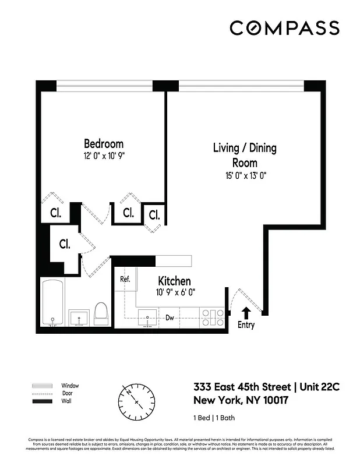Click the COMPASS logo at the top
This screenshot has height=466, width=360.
(x=284, y=27)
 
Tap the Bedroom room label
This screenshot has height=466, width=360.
(x=104, y=144)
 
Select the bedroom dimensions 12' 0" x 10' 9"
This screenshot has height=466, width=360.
(x=104, y=156)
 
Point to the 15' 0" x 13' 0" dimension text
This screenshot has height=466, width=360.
(x=245, y=175)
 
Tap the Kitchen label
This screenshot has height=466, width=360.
(x=174, y=281)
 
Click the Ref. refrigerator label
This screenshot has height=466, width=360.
(x=125, y=279)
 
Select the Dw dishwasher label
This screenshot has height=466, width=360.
(x=170, y=318)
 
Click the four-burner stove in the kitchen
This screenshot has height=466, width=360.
(x=213, y=317)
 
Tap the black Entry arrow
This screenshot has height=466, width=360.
(x=246, y=313)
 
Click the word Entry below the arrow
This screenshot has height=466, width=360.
(x=246, y=325)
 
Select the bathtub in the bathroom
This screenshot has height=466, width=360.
(x=54, y=304)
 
